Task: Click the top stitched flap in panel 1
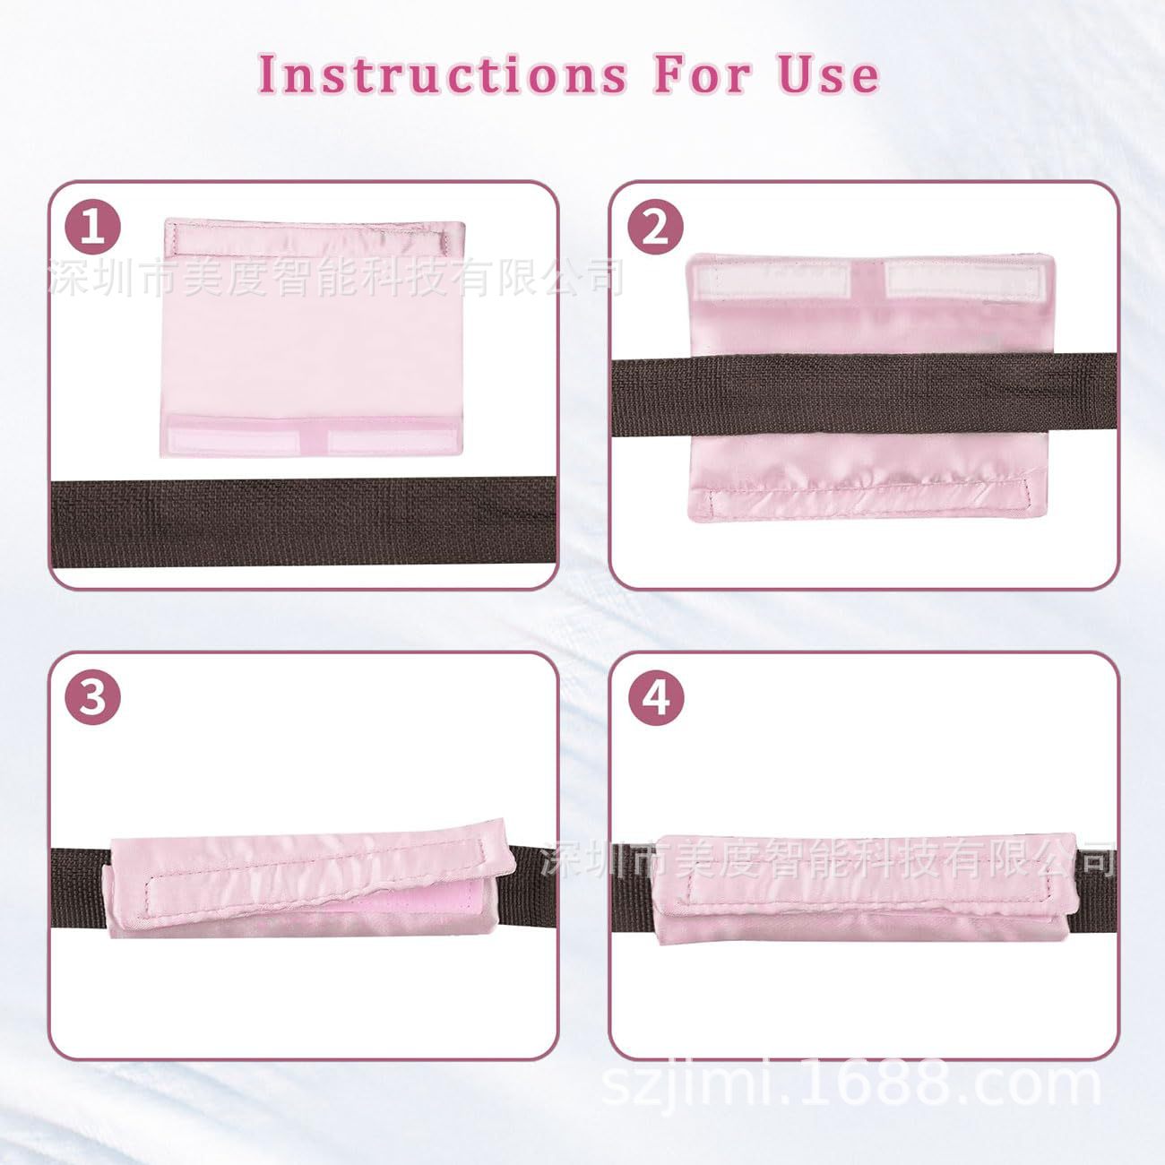pyautogui.click(x=309, y=239)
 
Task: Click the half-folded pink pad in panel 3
pyautogui.click(x=309, y=887)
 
